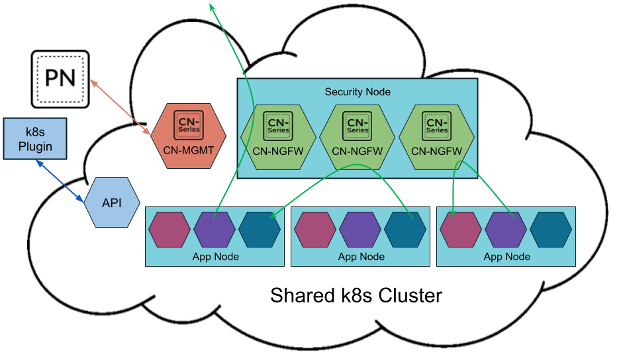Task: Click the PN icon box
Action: (x=60, y=79)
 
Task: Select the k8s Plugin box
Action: (x=35, y=139)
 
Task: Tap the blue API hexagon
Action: (x=112, y=202)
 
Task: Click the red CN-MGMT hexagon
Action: (x=189, y=134)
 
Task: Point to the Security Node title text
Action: (x=358, y=92)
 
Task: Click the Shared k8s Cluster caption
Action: (x=356, y=295)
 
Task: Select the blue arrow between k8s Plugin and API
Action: (x=60, y=181)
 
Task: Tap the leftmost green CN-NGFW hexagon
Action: (x=277, y=136)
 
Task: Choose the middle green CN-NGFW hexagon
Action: (x=358, y=136)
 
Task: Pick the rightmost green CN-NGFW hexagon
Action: (x=437, y=136)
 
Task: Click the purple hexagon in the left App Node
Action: (x=215, y=230)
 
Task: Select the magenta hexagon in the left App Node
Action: (x=170, y=230)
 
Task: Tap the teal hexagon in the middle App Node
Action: (x=405, y=230)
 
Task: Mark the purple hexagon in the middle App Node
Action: (x=360, y=230)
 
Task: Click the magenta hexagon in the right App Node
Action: (x=461, y=230)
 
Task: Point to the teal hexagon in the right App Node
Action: (x=551, y=230)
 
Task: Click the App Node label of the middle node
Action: (x=361, y=257)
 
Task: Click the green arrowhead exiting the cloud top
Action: (x=212, y=7)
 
